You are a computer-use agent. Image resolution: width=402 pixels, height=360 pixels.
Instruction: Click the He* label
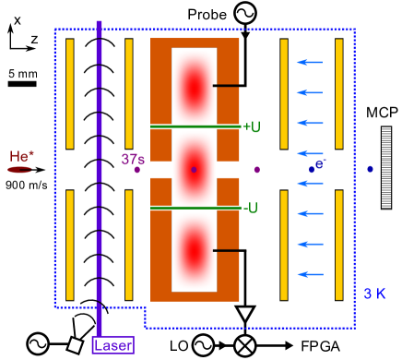point(21,156)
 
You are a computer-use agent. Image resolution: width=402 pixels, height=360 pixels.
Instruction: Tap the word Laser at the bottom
point(112,345)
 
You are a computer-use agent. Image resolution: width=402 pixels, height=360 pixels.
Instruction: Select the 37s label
point(132,160)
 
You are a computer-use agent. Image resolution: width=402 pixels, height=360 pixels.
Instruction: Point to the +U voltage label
point(251,126)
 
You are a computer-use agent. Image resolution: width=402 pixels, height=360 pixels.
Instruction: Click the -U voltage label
point(251,208)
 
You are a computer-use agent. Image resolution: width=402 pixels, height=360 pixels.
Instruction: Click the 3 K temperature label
point(374,294)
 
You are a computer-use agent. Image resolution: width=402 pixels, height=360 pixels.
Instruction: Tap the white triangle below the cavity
point(245,314)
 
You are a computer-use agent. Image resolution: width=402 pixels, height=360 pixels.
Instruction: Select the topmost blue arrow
point(309,63)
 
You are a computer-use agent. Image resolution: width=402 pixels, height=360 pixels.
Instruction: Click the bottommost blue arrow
point(309,274)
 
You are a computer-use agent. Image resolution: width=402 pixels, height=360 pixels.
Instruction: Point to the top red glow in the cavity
point(194,88)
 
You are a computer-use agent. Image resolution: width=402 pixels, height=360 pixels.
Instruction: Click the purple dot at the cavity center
point(194,170)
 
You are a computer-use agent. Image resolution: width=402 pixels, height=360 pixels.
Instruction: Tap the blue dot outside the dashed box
point(370,170)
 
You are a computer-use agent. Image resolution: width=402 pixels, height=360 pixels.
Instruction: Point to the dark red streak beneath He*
point(20,170)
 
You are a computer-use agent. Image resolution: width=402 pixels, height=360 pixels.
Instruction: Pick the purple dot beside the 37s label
point(137,170)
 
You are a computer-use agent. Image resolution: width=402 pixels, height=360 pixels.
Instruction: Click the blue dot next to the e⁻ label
point(312,170)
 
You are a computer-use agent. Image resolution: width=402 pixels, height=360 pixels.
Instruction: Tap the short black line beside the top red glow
point(227,86)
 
